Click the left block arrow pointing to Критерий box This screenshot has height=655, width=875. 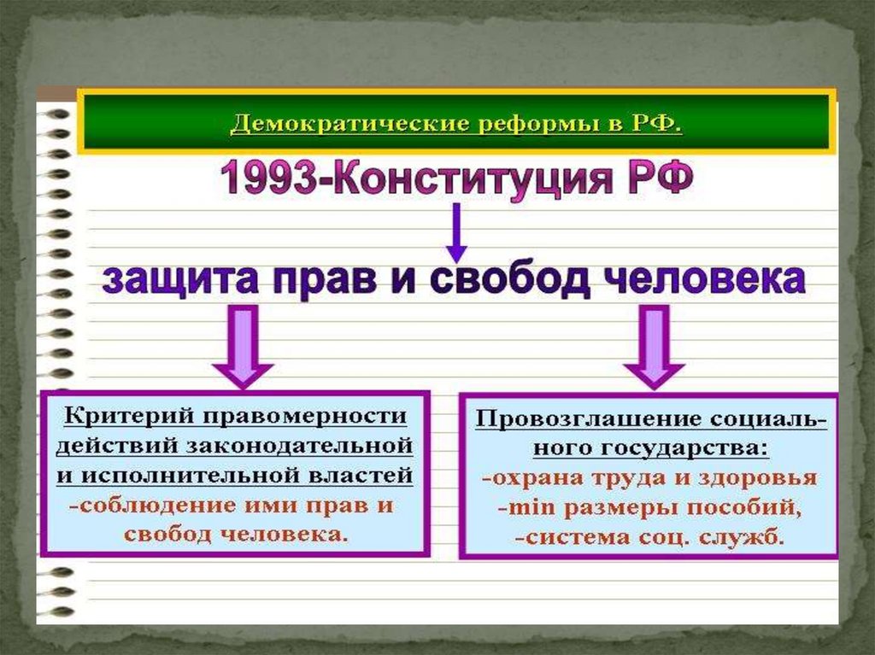point(242,349)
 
